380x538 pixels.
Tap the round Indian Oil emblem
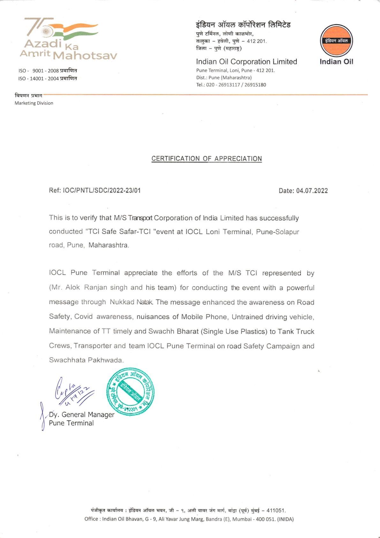point(336,41)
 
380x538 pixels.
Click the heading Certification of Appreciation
point(207,159)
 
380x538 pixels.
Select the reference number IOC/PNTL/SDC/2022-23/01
point(102,191)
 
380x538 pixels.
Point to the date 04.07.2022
point(312,191)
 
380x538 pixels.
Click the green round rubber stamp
point(130,391)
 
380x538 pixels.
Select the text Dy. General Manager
point(82,415)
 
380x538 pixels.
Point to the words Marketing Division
point(34,103)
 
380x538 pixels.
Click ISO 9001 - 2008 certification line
point(48,71)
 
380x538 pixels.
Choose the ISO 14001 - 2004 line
point(48,79)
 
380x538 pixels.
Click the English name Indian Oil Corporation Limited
point(246,62)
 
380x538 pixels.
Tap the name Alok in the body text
point(72,287)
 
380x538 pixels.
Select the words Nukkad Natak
point(131,302)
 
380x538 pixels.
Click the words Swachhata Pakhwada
point(86,360)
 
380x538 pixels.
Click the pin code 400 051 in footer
point(266,519)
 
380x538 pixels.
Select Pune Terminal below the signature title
point(71,423)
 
